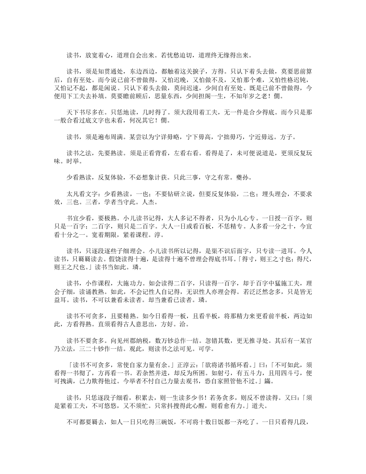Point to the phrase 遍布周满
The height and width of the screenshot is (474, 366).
tap(114, 136)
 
